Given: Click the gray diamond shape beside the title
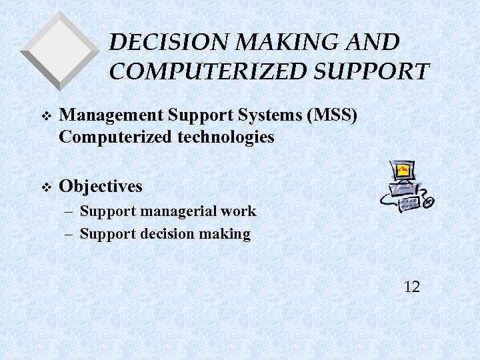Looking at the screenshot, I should [x=60, y=50].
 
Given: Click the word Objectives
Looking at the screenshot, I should [x=101, y=186].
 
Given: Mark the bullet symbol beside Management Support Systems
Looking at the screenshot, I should [x=45, y=116].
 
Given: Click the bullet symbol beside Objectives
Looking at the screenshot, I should [x=45, y=187].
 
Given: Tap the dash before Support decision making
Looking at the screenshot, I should [x=70, y=234].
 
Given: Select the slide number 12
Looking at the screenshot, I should [x=412, y=287].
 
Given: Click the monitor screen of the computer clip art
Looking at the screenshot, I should [x=403, y=171].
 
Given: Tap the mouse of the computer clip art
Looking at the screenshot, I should [x=429, y=201].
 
